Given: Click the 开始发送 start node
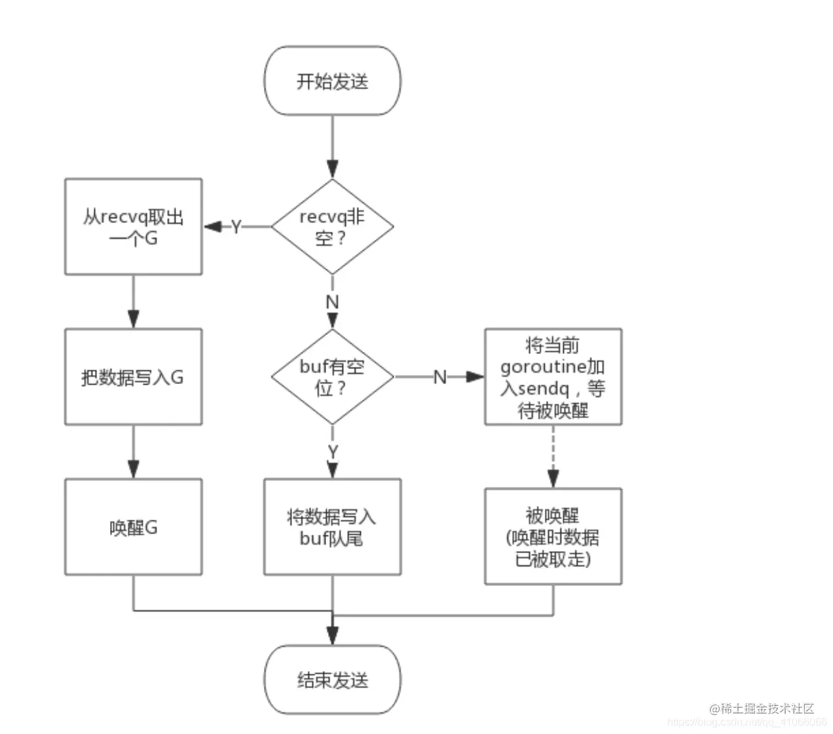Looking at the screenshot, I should pyautogui.click(x=332, y=81).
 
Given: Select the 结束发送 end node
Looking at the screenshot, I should pyautogui.click(x=332, y=680).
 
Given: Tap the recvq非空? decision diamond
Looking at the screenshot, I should pyautogui.click(x=332, y=227).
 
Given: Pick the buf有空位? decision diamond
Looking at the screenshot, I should pyautogui.click(x=332, y=377).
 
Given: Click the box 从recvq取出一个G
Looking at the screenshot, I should pyautogui.click(x=133, y=227).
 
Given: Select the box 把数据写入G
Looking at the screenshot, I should pyautogui.click(x=133, y=377).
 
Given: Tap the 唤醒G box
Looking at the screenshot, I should pyautogui.click(x=133, y=527).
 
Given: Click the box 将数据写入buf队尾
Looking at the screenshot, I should pyautogui.click(x=332, y=527).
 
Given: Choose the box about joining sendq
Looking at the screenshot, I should pyautogui.click(x=553, y=377).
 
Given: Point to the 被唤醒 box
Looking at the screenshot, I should pyautogui.click(x=553, y=536).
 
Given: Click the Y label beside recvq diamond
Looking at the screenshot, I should pyautogui.click(x=236, y=227).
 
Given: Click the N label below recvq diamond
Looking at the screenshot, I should pyautogui.click(x=332, y=302).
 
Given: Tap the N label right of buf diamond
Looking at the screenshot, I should pyautogui.click(x=440, y=377).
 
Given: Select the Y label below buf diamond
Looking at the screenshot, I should pyautogui.click(x=332, y=452).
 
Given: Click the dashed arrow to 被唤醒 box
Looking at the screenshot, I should pyautogui.click(x=553, y=456).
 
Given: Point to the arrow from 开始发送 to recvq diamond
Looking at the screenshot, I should pyautogui.click(x=332, y=147).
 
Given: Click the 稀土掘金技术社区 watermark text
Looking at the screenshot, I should pyautogui.click(x=766, y=708).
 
